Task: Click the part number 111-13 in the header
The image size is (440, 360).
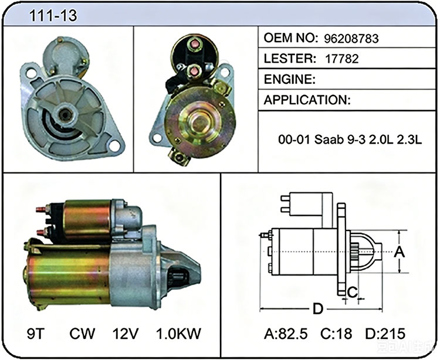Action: [53, 15]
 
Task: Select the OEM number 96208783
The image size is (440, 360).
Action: [351, 39]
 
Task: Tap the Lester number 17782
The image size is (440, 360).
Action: [342, 59]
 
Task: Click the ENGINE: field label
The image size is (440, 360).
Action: [290, 79]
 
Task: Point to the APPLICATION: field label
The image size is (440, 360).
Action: [307, 100]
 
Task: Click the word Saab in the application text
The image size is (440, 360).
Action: [329, 140]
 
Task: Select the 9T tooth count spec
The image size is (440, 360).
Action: [36, 334]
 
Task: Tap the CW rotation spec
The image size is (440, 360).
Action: [82, 334]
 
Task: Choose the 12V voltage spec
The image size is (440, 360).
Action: [126, 334]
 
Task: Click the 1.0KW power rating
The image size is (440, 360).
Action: [178, 334]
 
